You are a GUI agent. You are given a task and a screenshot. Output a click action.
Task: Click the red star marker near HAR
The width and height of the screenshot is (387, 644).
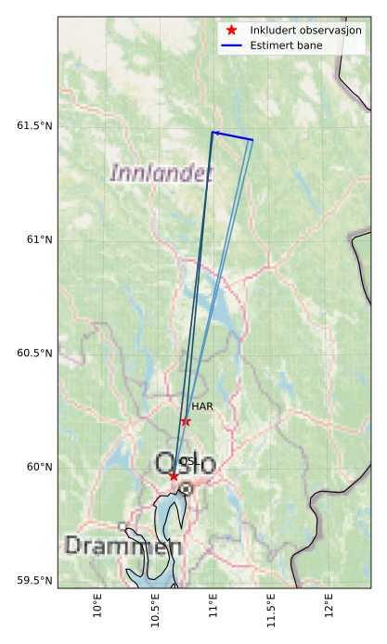[x=186, y=421]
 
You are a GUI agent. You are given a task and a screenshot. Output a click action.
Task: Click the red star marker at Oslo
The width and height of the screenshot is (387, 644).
[x=174, y=476]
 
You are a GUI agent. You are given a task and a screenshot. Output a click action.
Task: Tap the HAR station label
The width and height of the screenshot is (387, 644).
[x=202, y=406]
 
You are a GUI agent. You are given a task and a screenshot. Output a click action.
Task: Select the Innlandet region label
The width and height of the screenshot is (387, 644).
[x=161, y=173]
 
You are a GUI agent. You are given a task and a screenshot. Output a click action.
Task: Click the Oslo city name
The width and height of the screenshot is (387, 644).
[x=186, y=463]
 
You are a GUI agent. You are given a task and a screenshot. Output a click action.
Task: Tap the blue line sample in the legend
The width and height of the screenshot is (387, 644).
[x=232, y=45]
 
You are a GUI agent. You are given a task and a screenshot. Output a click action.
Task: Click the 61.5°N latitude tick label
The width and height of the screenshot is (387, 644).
[x=35, y=126]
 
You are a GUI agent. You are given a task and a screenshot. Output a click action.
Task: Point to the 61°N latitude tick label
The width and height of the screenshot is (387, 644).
[x=39, y=239]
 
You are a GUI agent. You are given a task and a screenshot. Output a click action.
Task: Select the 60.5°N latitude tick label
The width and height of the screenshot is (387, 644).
[x=35, y=354]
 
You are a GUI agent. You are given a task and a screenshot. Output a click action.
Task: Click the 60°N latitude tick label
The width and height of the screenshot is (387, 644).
[x=39, y=467]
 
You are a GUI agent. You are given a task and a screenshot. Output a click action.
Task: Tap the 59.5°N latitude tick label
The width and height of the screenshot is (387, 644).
[x=35, y=581]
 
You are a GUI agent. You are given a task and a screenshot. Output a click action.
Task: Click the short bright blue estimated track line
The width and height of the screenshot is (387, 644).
[x=233, y=136]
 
